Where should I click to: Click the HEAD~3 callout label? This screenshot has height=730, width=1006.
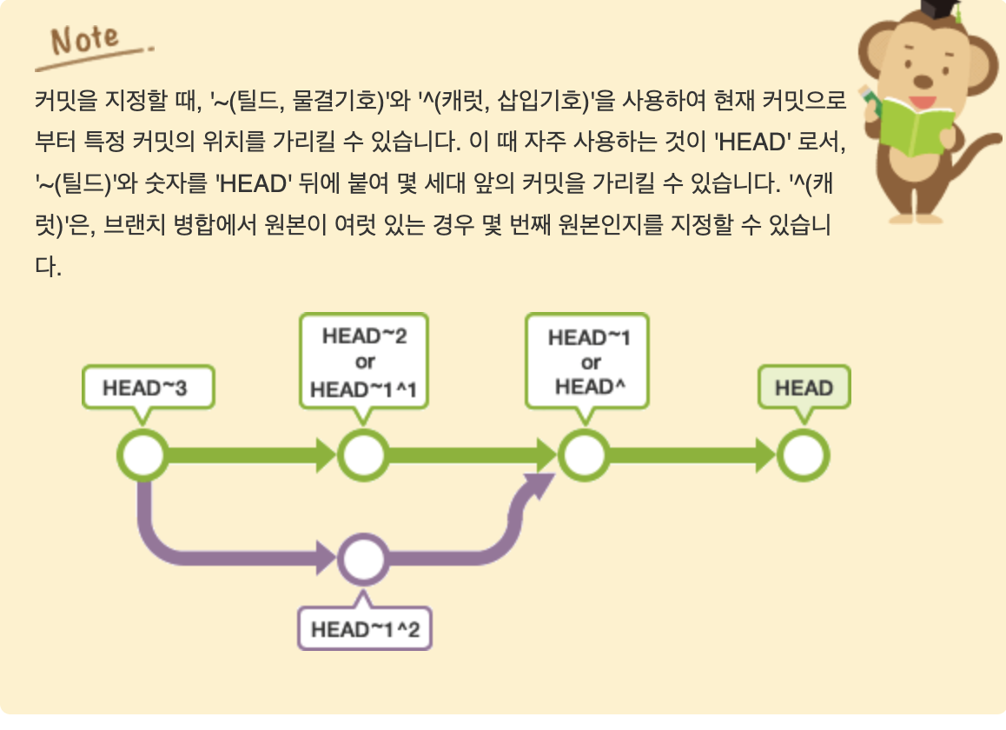pos(146,388)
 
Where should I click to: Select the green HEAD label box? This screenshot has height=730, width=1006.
pos(804,388)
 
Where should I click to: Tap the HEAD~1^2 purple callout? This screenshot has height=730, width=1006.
pos(365,628)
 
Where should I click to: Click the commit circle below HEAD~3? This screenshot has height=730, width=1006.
pos(142,455)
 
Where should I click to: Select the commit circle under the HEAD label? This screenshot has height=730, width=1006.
pos(804,455)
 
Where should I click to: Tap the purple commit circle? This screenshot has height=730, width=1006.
pos(364,560)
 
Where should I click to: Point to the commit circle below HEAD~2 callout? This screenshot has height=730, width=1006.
pos(364,455)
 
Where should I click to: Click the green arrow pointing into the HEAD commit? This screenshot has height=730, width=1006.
pos(695,455)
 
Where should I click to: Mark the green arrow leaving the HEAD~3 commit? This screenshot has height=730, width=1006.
pos(252,455)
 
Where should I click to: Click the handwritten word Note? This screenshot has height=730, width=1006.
pos(85,40)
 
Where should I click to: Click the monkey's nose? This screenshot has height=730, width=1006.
pos(923,80)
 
